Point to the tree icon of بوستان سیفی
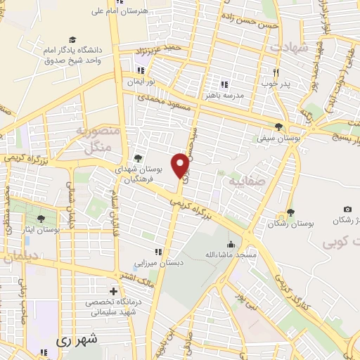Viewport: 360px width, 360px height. (281, 127)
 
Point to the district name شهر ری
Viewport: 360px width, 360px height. (78, 339)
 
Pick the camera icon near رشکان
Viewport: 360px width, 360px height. (347, 210)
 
